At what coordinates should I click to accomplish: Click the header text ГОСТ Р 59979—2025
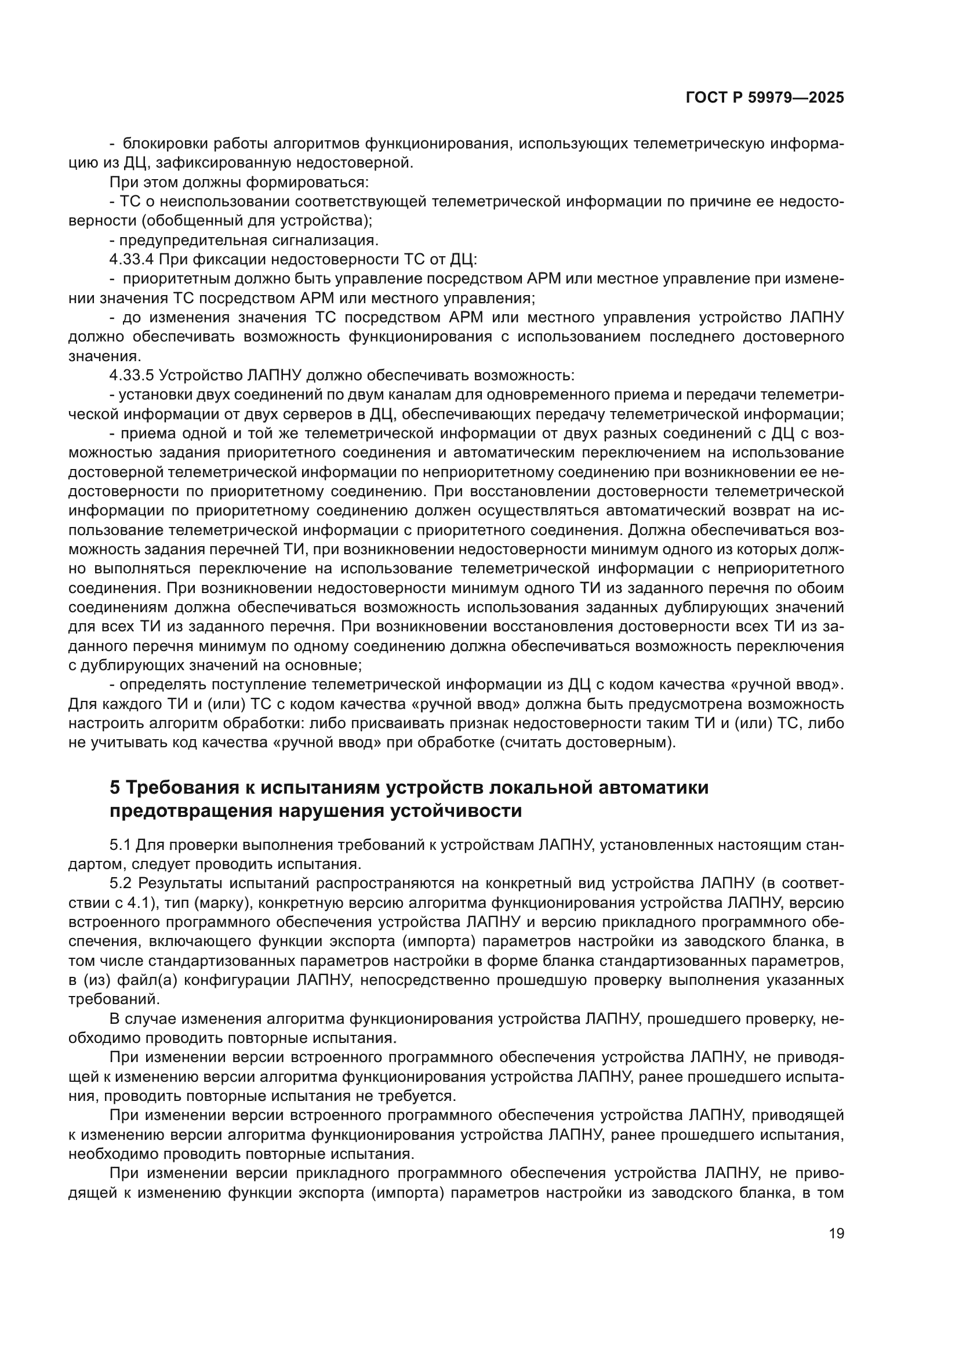(765, 98)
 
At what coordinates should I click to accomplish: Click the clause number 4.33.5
(132, 376)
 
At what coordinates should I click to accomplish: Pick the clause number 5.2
(122, 884)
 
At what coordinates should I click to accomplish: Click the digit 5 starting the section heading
(115, 788)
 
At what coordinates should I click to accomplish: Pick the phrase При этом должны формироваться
(238, 183)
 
